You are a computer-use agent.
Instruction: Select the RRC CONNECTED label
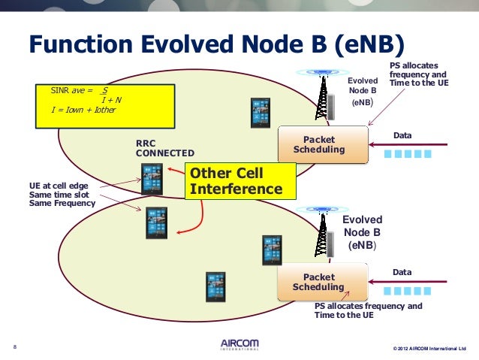click(x=159, y=147)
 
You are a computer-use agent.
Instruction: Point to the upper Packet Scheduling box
click(x=323, y=144)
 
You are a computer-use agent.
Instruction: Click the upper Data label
click(x=404, y=135)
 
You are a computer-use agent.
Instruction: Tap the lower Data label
click(x=404, y=271)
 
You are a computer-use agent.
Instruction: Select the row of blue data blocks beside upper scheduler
click(x=408, y=153)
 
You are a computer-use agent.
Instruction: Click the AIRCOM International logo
click(x=239, y=344)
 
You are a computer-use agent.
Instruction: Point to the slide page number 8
click(x=16, y=346)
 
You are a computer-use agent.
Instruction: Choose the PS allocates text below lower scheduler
click(x=368, y=310)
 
